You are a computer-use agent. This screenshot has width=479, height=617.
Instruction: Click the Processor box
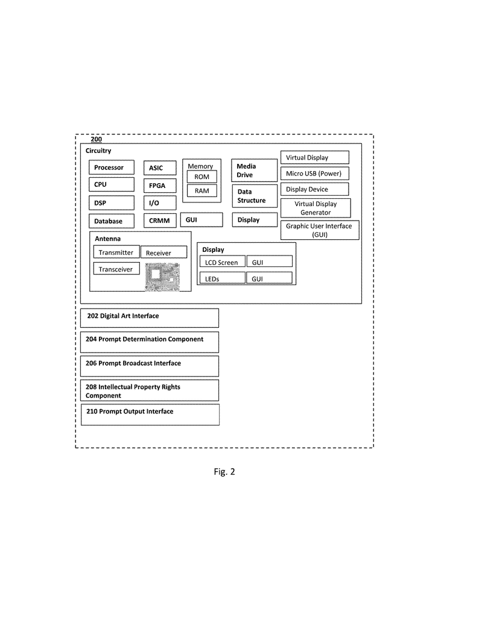click(111, 168)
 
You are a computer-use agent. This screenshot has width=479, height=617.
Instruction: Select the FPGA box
click(159, 186)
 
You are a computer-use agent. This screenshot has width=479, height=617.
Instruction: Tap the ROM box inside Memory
click(201, 177)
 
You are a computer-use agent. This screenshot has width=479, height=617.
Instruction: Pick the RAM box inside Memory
click(201, 190)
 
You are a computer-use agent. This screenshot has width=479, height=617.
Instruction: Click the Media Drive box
click(254, 171)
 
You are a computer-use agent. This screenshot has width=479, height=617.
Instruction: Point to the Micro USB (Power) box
click(314, 174)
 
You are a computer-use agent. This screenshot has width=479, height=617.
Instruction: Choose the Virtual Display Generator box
click(316, 208)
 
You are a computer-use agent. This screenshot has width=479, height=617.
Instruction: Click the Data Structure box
click(254, 196)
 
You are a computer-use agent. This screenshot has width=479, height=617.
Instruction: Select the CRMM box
click(159, 221)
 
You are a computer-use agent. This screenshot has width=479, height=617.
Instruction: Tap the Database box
click(111, 221)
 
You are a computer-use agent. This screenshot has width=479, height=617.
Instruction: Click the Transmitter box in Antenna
click(116, 252)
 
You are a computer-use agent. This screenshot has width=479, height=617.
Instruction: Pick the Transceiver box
click(116, 269)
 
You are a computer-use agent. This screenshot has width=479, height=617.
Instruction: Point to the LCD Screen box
click(222, 262)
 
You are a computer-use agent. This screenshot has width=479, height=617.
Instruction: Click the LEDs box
click(222, 278)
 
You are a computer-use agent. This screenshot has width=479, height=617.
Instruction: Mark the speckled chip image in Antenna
click(163, 277)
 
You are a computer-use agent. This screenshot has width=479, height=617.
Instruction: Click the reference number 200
click(97, 139)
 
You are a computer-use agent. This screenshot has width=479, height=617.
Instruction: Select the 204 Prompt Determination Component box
click(150, 342)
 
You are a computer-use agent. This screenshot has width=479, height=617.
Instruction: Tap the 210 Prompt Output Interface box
click(150, 415)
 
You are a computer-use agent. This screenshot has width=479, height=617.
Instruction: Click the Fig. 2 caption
click(224, 472)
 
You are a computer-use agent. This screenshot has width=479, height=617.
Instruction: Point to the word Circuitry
click(98, 151)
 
